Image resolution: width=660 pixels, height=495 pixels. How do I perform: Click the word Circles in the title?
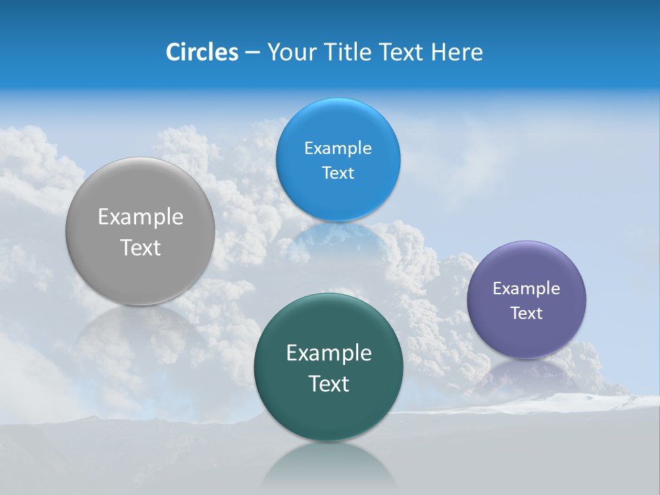(201, 52)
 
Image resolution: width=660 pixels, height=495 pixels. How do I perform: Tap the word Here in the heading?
(457, 52)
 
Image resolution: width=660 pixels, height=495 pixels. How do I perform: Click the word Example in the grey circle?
(140, 217)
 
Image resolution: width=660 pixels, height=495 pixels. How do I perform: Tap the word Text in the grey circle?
(140, 247)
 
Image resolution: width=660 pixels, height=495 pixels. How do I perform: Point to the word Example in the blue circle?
(338, 148)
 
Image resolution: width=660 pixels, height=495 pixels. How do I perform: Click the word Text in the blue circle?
(338, 173)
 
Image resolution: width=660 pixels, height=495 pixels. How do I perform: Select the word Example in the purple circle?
(527, 289)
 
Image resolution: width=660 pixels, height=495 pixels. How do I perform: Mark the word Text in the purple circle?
(527, 313)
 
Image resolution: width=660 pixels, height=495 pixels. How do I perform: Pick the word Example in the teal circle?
(329, 353)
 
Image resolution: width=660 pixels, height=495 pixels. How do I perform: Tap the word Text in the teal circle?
(329, 384)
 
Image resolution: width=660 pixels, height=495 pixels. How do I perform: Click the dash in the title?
(252, 53)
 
